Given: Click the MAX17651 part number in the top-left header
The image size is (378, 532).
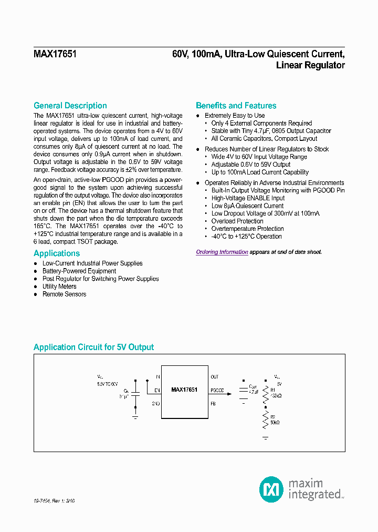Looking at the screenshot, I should pyautogui.click(x=55, y=54).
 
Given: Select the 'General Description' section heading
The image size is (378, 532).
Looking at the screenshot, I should pyautogui.click(x=70, y=106).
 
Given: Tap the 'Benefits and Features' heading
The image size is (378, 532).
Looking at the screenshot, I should pyautogui.click(x=236, y=106).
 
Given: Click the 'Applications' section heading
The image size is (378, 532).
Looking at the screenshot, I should pyautogui.click(x=57, y=253).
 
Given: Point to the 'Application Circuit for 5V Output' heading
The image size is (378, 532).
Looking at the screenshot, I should pyautogui.click(x=93, y=347).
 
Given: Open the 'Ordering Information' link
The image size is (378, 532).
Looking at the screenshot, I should pyautogui.click(x=222, y=252).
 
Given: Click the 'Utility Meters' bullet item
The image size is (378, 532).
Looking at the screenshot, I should pyautogui.click(x=59, y=287).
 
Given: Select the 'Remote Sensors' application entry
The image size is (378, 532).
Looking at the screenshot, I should pyautogui.click(x=64, y=294).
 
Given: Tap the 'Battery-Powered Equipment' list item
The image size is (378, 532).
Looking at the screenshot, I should pyautogui.click(x=79, y=271).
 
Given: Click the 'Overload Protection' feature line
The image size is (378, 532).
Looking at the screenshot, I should pyautogui.click(x=237, y=221).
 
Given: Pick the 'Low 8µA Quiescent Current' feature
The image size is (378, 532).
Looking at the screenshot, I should pyautogui.click(x=247, y=206).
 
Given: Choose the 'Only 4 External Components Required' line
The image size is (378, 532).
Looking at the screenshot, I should pyautogui.click(x=261, y=124).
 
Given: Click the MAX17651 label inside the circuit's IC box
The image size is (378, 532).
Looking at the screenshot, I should pyautogui.click(x=184, y=390).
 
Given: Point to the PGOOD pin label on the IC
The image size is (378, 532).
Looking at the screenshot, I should pyautogui.click(x=217, y=391).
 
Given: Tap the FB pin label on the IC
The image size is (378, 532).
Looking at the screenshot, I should pyautogui.click(x=213, y=404).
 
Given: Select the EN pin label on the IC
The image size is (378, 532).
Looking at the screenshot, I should pyautogui.click(x=157, y=391).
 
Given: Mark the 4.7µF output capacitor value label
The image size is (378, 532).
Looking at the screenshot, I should pyautogui.click(x=254, y=392).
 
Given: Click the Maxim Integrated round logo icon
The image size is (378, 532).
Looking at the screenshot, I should pyautogui.click(x=271, y=489).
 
